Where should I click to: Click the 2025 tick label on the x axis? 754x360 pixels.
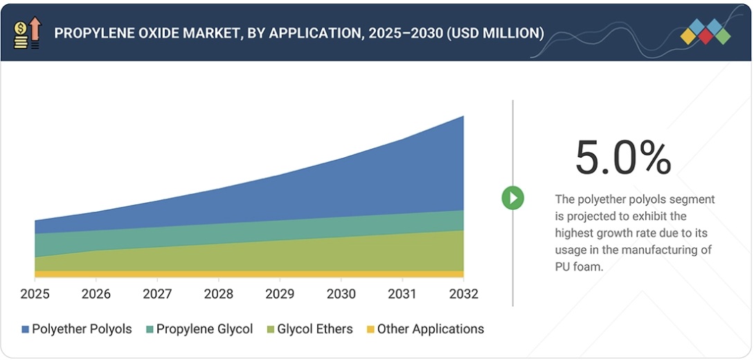(35, 294)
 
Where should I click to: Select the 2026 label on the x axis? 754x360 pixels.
(96, 294)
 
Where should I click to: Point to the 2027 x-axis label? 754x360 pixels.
(157, 294)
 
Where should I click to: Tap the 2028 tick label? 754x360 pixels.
(219, 294)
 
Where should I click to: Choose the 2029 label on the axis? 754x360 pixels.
(280, 294)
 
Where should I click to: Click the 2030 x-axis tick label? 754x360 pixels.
(341, 294)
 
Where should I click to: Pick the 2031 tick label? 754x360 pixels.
(402, 294)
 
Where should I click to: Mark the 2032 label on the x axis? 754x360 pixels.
(463, 294)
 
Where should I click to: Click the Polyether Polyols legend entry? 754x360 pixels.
(82, 329)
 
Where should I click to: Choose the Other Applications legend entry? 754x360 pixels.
(430, 329)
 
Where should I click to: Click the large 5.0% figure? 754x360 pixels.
(623, 159)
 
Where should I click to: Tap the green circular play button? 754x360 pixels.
(513, 198)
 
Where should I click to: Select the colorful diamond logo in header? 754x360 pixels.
(705, 32)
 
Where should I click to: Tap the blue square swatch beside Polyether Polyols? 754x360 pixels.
(26, 330)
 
